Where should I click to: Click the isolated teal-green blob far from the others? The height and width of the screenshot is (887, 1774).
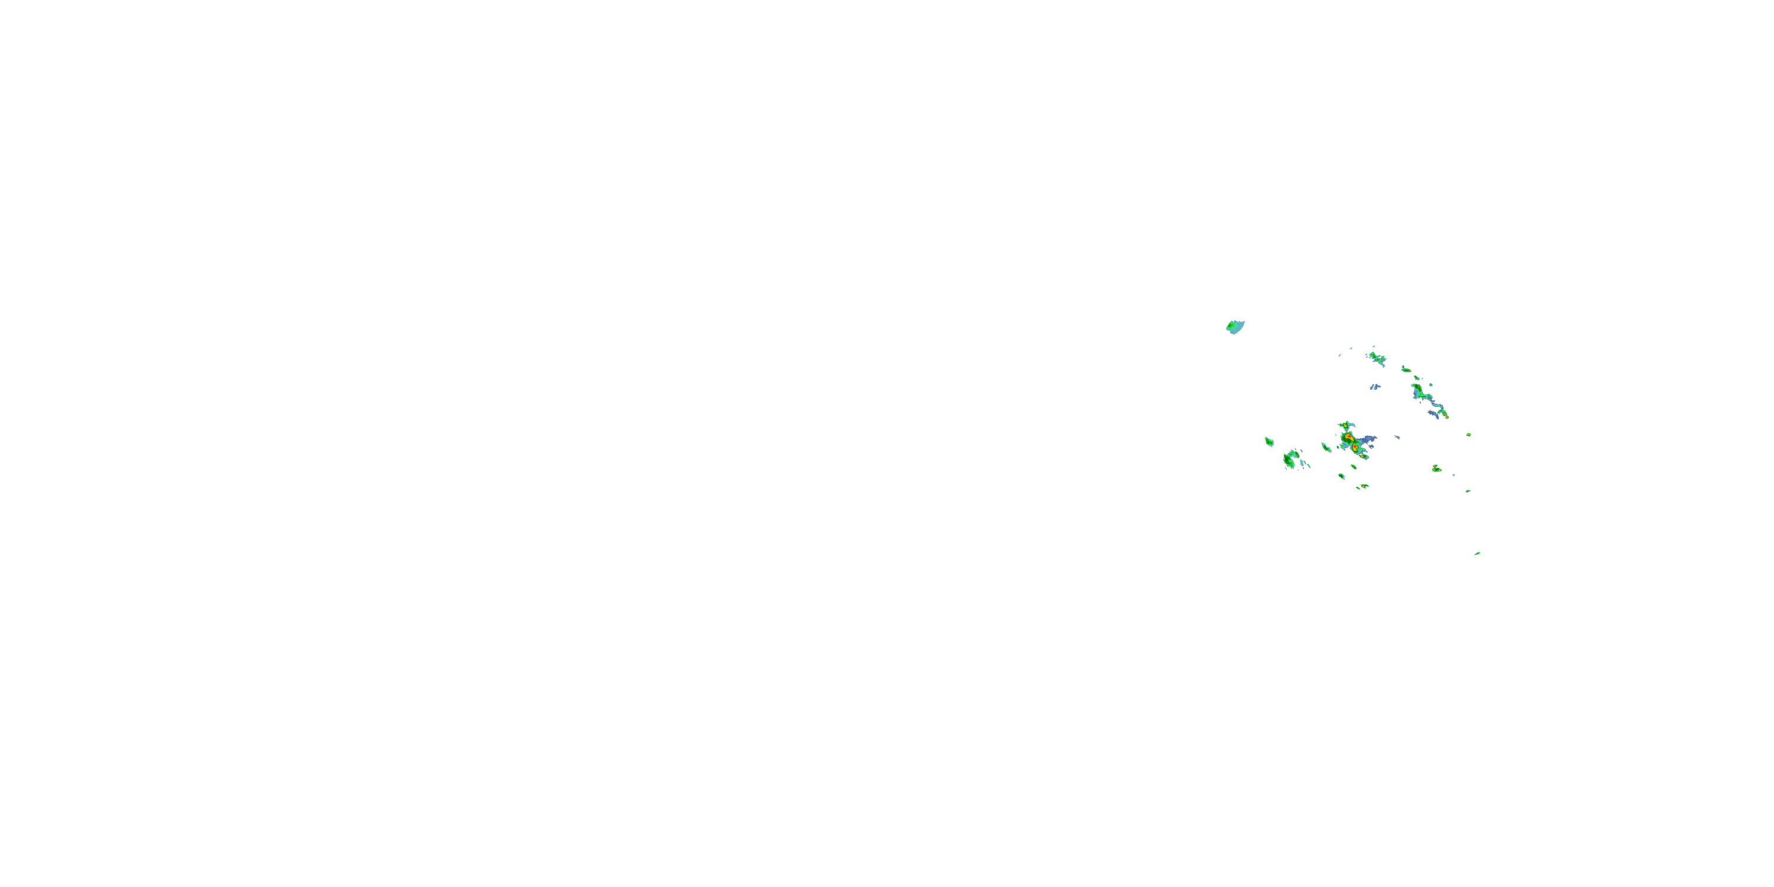click(1235, 326)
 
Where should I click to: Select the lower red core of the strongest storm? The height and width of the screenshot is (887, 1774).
click(1355, 447)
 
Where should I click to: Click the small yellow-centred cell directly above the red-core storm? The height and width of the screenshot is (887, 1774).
click(1346, 426)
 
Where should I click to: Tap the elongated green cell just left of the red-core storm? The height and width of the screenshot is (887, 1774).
click(1326, 448)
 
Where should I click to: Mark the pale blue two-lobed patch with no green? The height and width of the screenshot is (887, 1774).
click(1375, 387)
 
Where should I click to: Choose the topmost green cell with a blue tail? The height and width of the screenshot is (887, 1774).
click(1377, 357)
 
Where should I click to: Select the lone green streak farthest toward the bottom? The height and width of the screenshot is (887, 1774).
click(1477, 553)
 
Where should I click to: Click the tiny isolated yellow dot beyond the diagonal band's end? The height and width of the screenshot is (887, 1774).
click(1469, 435)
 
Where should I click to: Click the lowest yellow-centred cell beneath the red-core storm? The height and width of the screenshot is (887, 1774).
click(1364, 486)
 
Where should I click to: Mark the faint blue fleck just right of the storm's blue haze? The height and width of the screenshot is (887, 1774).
click(1398, 438)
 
